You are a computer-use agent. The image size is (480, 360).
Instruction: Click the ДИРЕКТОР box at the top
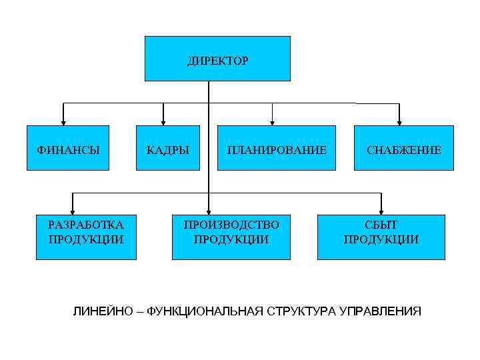tap(217, 59)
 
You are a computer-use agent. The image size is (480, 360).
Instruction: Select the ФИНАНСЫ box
tap(67, 148)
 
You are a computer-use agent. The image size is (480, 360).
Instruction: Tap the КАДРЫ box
tap(167, 148)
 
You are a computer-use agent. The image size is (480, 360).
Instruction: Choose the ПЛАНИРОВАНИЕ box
tap(276, 148)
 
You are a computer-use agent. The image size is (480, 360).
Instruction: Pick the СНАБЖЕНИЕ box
tap(403, 148)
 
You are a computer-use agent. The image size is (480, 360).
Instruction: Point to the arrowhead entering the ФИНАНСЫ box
tap(63, 121)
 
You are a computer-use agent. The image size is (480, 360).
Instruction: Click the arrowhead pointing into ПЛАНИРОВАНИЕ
tap(272, 121)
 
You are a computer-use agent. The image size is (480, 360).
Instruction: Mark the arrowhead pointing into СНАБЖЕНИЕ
tap(399, 121)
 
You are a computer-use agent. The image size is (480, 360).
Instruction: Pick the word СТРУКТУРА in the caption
tap(303, 311)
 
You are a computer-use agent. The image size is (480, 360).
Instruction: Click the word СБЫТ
tap(381, 225)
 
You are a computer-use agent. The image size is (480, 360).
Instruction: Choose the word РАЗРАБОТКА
tap(86, 225)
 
